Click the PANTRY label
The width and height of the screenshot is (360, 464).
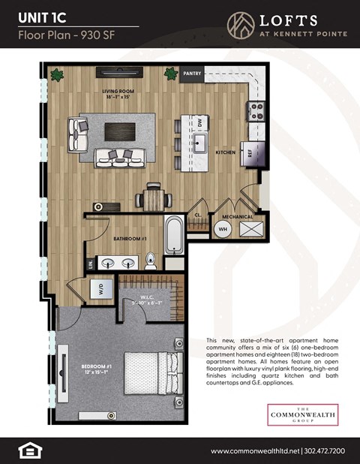point(192,74)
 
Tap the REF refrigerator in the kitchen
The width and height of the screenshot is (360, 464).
point(247,152)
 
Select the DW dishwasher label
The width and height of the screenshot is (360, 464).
point(200,122)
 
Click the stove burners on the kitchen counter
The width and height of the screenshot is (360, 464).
point(256,112)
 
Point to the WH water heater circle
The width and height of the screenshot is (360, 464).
point(223,228)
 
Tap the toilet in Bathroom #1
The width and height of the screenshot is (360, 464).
point(151,261)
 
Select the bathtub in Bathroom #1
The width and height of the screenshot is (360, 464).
point(173,234)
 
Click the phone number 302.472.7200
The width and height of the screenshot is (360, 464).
point(325,450)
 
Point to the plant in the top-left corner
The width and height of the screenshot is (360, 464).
point(55,74)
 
